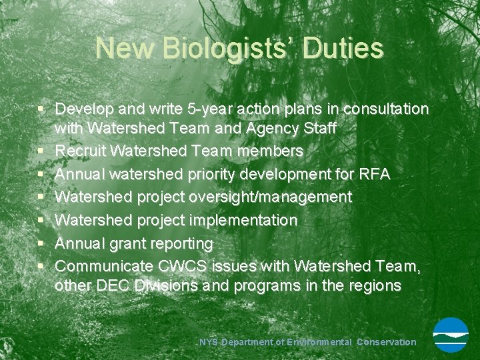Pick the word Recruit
click(79, 151)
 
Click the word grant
click(131, 243)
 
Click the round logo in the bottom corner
click(451, 335)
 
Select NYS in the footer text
click(209, 342)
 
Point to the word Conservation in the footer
click(387, 342)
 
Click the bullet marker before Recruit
click(41, 151)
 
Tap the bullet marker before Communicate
click(41, 265)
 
